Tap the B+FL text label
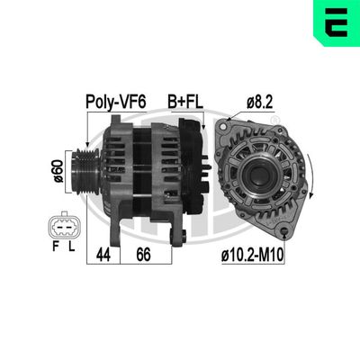[x=184, y=103]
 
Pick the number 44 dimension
[x=103, y=256]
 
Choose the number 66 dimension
[x=142, y=256]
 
